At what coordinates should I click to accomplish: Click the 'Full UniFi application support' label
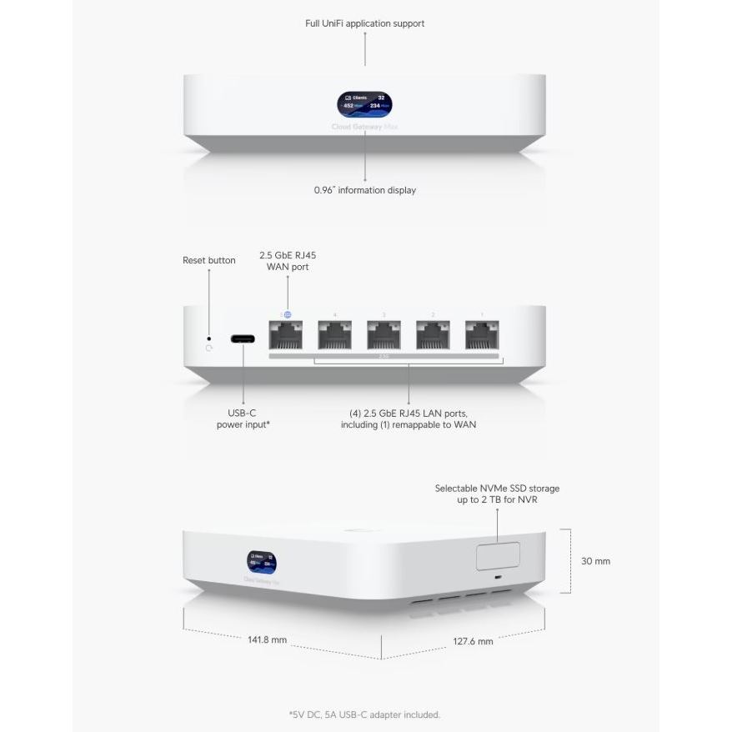coord(364,23)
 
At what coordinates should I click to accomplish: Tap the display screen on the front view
coord(365,104)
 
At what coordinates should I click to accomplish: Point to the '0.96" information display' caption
coord(364,190)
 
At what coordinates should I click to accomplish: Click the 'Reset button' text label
coord(209,260)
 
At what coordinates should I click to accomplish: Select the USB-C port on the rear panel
coord(243,338)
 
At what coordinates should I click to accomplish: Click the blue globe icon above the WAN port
coord(288,314)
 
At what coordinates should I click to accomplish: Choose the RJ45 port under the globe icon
coord(286,335)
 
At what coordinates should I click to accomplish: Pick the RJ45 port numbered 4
coord(334,335)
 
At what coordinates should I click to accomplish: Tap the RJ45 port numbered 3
coord(384,335)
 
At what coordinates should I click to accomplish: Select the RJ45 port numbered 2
coord(433,335)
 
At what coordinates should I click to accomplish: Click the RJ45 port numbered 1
coord(481,335)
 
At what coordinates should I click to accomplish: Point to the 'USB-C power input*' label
coord(243,419)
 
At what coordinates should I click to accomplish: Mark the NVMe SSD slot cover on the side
coord(498,555)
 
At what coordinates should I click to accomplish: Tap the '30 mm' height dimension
coord(595,561)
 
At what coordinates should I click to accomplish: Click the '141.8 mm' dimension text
coord(268,640)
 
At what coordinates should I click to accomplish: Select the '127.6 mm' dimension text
coord(473,641)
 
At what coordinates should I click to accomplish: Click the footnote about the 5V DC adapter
coord(364,714)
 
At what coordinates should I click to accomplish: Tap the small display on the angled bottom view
coord(261,563)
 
